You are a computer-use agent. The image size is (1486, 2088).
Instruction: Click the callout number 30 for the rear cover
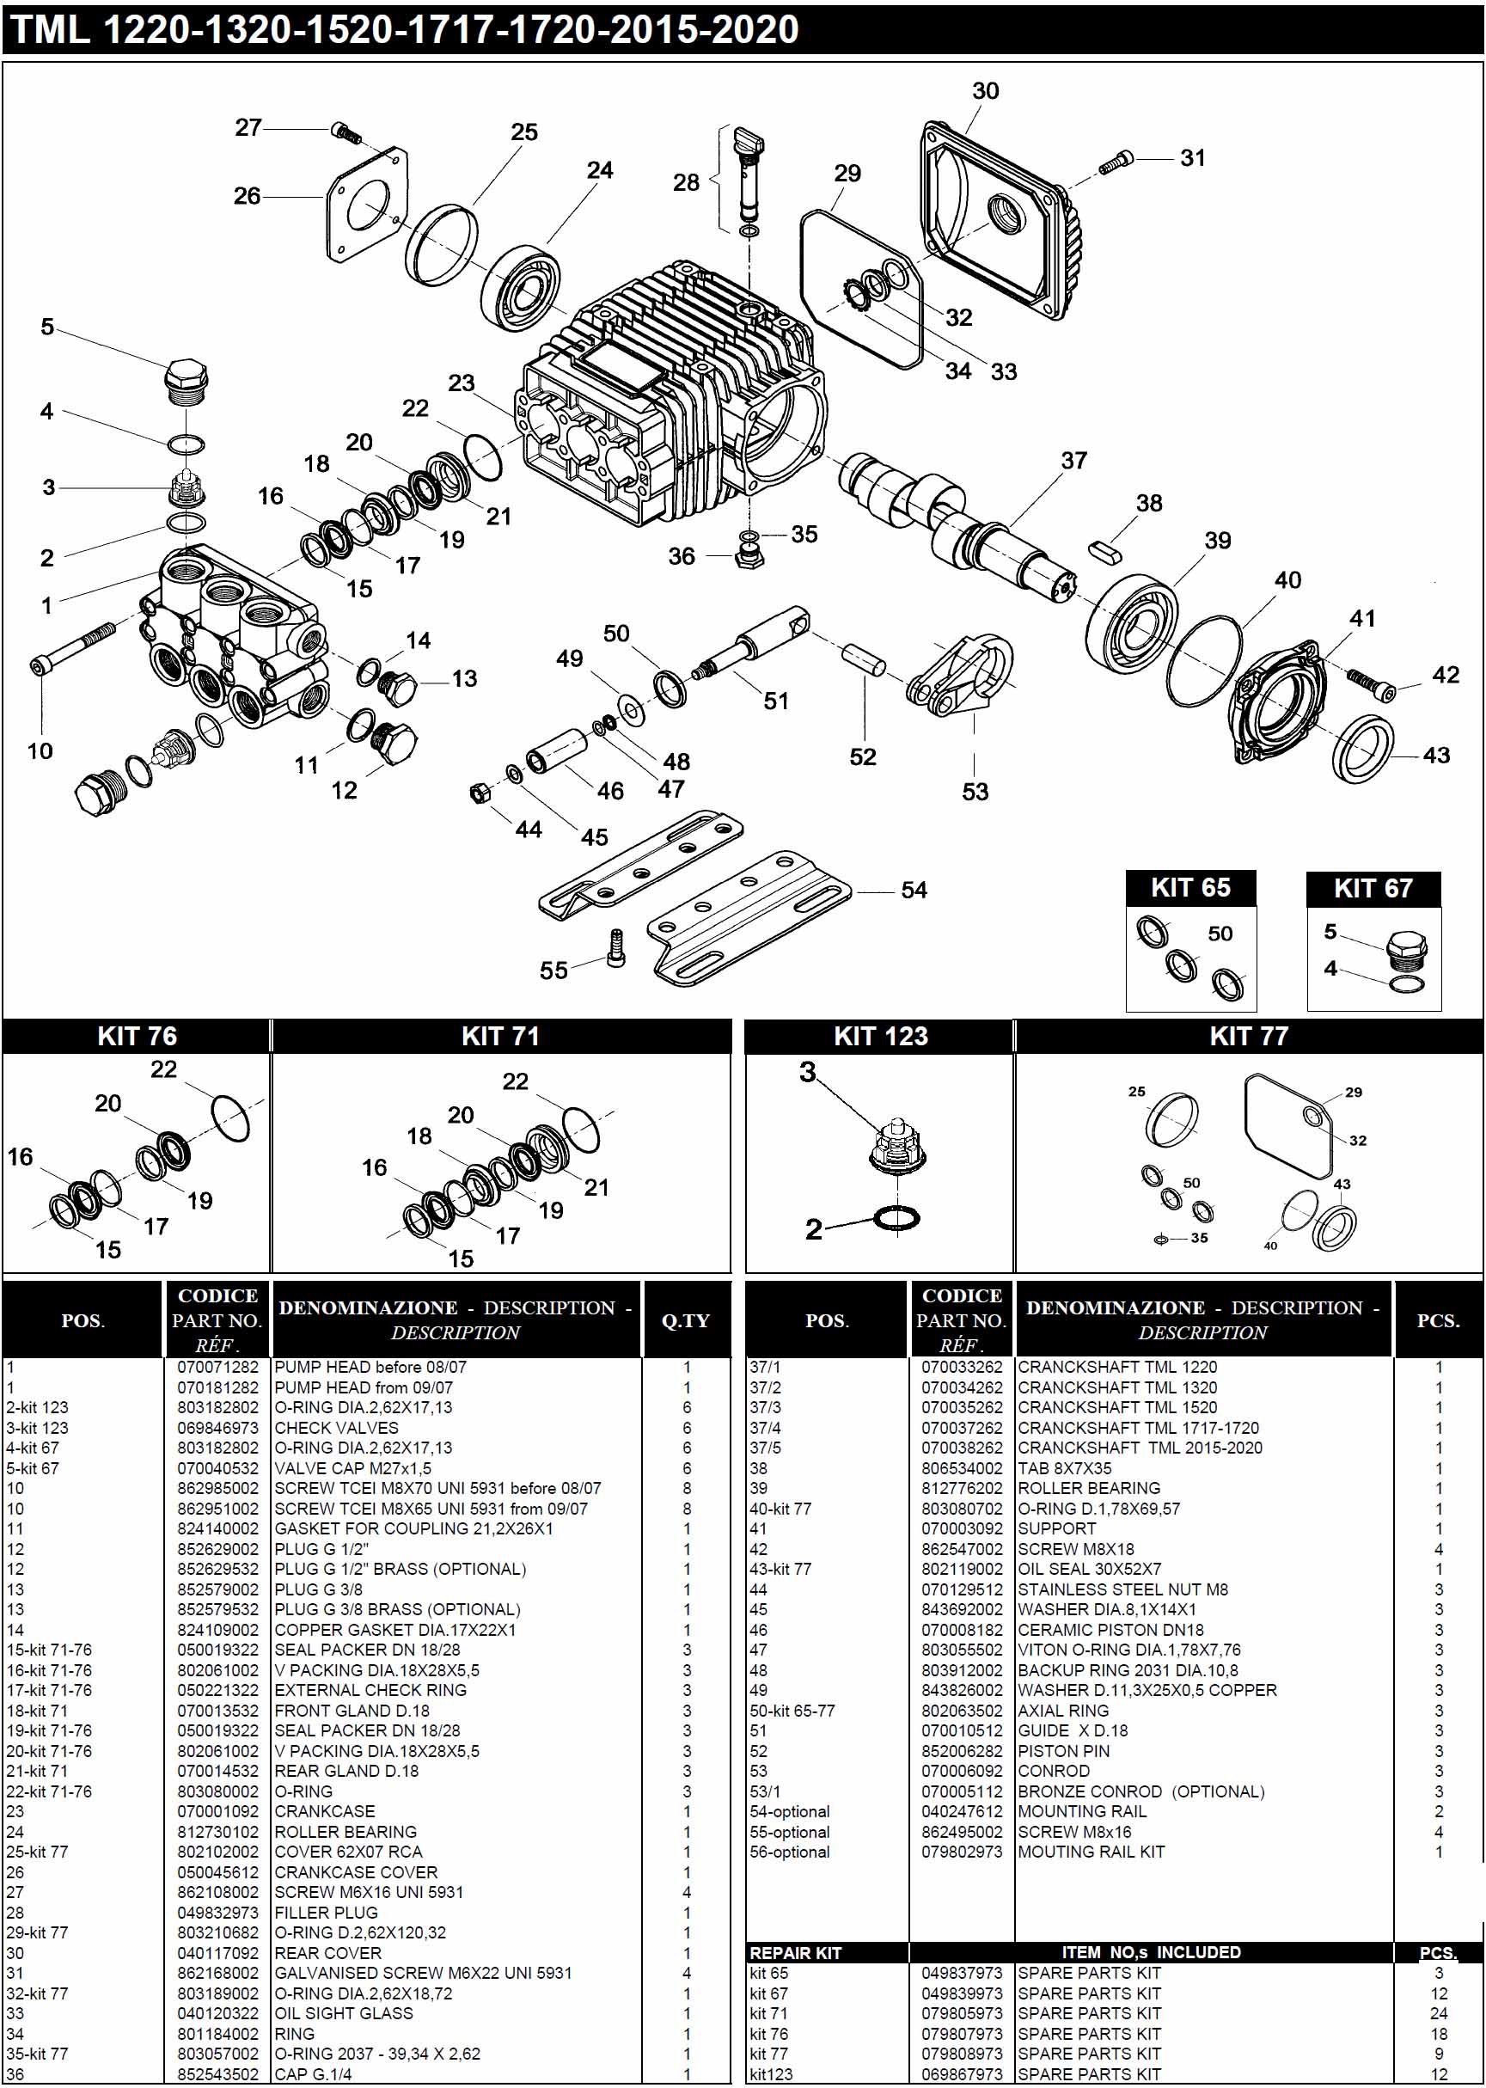pos(985,91)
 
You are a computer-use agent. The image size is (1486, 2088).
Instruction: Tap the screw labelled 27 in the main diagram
pos(346,132)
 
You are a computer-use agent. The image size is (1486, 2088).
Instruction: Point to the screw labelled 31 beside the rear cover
pos(1116,162)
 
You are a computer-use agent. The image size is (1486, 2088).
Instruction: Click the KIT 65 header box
pos(1189,887)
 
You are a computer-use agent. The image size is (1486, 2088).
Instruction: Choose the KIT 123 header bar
pos(879,1036)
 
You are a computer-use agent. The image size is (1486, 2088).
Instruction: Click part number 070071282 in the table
pos(217,1367)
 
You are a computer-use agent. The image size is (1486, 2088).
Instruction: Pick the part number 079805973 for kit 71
pos(961,2013)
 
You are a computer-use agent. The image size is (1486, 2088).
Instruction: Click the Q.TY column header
pos(685,1320)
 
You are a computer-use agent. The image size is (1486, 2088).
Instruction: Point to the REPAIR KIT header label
pos(794,1952)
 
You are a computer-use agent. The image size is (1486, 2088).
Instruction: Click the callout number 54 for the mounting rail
pos(914,891)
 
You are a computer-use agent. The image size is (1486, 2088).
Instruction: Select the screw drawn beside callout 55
pos(616,949)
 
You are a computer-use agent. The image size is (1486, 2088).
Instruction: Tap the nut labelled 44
pos(478,793)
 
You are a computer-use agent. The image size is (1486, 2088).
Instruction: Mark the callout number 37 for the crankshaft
pos(1073,460)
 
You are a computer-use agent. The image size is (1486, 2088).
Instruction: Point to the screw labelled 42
pos(1371,683)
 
